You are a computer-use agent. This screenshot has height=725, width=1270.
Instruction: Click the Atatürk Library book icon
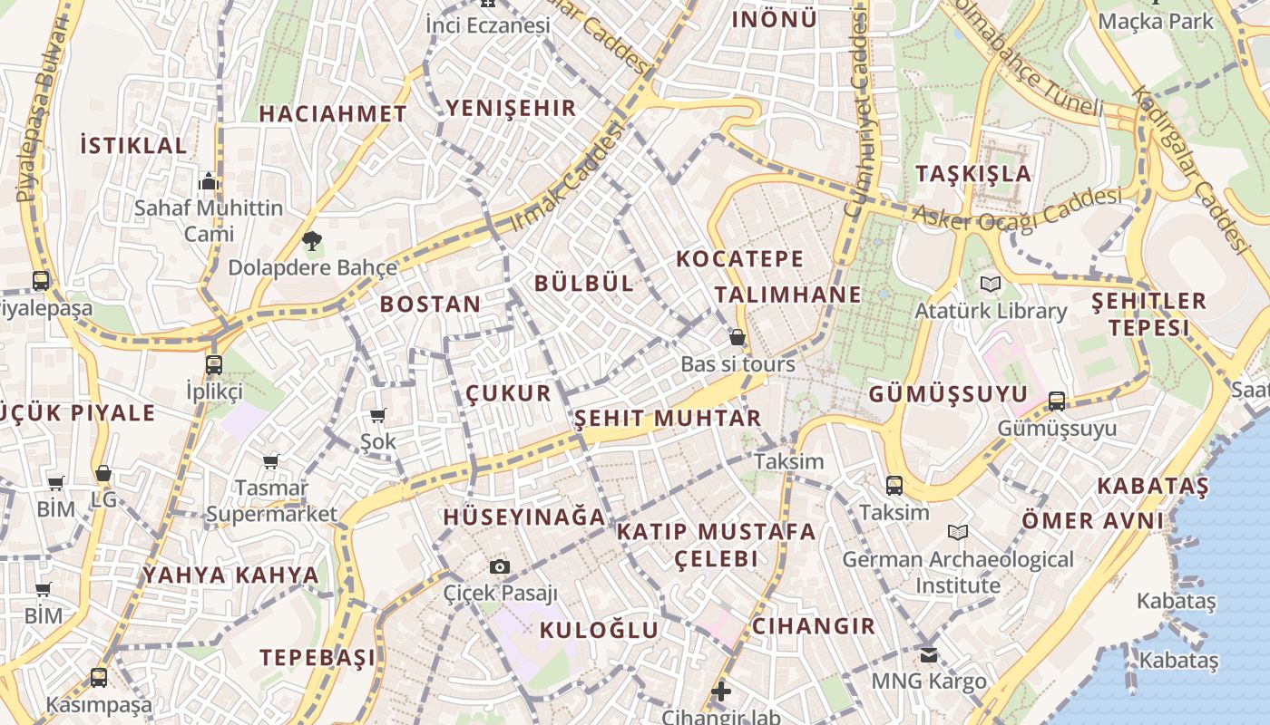(991, 285)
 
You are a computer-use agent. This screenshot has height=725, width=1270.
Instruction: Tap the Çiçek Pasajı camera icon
(499, 567)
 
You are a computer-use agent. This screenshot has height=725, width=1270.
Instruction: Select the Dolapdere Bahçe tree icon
(312, 241)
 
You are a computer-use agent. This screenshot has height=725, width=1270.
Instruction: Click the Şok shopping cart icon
(378, 416)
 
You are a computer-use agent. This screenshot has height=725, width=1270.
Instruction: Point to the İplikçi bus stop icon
(214, 365)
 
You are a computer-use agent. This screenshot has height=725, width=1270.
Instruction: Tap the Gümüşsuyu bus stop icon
(1057, 401)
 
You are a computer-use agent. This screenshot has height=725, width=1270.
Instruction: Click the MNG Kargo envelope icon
(928, 654)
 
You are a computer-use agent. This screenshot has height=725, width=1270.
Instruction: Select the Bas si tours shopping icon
(738, 338)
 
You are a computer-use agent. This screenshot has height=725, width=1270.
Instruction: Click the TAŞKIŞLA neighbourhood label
(973, 173)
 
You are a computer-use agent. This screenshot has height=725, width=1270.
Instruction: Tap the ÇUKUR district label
(508, 393)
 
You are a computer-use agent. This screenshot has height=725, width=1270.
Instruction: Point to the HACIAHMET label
(333, 114)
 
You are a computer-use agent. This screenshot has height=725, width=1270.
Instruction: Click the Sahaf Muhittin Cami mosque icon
(210, 181)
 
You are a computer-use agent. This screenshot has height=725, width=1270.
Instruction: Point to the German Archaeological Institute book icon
(958, 533)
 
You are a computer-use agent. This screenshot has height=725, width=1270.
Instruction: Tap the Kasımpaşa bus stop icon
(99, 677)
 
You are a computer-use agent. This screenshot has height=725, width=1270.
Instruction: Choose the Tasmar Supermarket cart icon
(270, 462)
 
